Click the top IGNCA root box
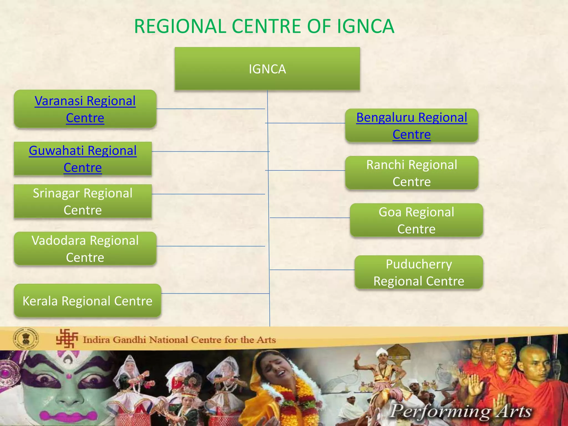coord(267,69)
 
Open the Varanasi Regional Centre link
coord(85,109)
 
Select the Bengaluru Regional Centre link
coord(412,126)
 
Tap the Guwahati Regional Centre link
coord(83,159)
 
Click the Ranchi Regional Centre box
coord(412,173)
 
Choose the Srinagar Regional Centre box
coord(83,202)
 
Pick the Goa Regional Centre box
coord(416,220)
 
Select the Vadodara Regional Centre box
coord(85,249)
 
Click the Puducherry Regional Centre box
coord(419,272)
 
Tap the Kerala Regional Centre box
coord(87,301)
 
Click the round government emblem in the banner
coord(26,339)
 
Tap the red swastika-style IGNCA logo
coord(67,338)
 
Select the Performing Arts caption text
coord(460,411)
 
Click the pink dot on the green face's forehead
coord(69,376)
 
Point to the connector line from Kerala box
coord(215,293)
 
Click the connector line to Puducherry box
coord(312,269)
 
